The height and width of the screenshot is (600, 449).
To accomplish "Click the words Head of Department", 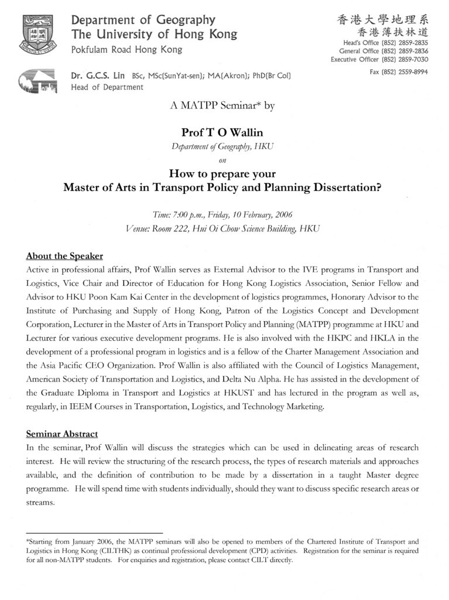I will click(x=107, y=87).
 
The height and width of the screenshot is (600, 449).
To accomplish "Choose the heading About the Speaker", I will click(x=64, y=256).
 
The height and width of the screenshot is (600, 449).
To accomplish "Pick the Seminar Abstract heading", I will click(x=61, y=434).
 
